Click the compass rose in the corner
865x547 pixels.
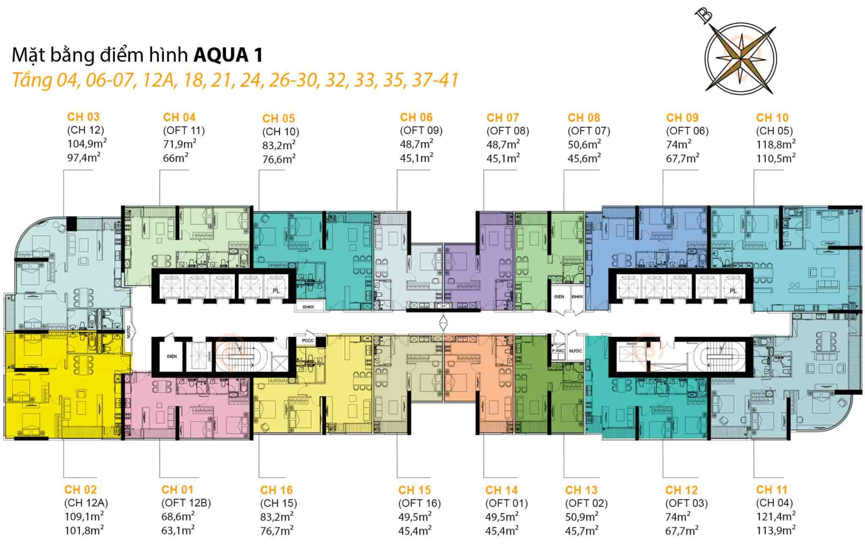click(x=741, y=56)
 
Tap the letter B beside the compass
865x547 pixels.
click(x=704, y=15)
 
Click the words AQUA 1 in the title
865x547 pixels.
click(x=228, y=55)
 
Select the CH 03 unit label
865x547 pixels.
click(x=83, y=117)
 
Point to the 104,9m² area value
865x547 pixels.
click(x=87, y=144)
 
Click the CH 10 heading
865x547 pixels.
click(x=772, y=118)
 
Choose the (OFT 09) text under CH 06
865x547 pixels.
click(x=421, y=131)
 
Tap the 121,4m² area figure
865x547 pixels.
click(x=775, y=516)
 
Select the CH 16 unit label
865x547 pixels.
click(x=277, y=490)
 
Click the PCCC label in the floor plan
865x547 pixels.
click(x=307, y=340)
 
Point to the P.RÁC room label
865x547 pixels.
click(x=558, y=351)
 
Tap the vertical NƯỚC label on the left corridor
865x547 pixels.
click(x=128, y=332)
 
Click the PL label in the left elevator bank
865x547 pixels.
click(x=276, y=291)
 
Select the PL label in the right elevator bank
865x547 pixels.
click(x=733, y=291)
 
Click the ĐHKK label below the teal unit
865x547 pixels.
click(x=308, y=307)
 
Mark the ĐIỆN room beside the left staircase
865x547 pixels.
click(x=172, y=357)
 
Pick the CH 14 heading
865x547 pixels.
click(x=501, y=490)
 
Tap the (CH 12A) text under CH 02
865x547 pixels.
click(x=86, y=503)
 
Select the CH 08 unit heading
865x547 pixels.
click(x=583, y=118)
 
